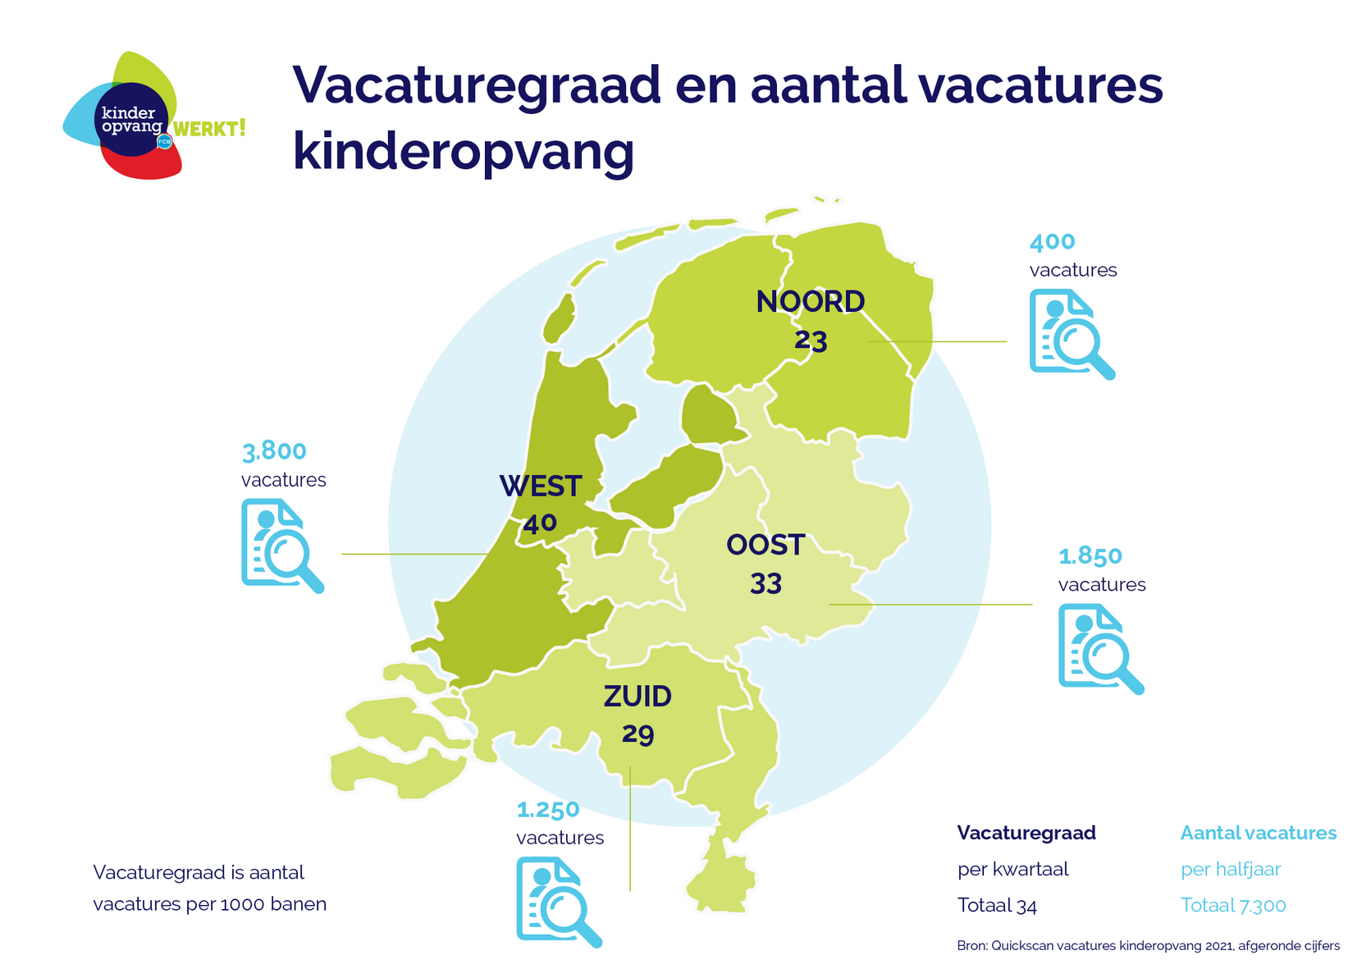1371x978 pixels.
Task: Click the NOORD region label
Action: click(x=810, y=302)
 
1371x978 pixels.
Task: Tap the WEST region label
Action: click(x=541, y=487)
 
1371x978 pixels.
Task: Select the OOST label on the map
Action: click(x=765, y=545)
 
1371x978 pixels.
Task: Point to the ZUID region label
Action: click(x=638, y=697)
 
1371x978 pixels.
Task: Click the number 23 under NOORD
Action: click(x=811, y=340)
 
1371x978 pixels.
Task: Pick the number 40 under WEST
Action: click(x=540, y=523)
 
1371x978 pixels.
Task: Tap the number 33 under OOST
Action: click(x=765, y=583)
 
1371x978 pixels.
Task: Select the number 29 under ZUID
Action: click(x=638, y=733)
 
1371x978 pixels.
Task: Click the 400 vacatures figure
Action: click(x=1052, y=242)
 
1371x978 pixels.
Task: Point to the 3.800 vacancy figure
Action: click(x=274, y=451)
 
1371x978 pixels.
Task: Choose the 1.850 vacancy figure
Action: click(x=1090, y=556)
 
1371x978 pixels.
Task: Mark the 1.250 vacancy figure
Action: click(x=547, y=810)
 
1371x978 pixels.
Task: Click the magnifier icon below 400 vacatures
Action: click(x=1072, y=334)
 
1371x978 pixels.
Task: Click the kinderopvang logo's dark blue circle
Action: click(x=130, y=120)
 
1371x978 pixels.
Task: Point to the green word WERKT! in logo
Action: click(x=209, y=129)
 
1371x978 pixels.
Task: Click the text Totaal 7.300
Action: click(x=1232, y=906)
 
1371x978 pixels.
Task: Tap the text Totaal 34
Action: click(x=997, y=906)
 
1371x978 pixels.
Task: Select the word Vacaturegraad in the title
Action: click(x=476, y=85)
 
